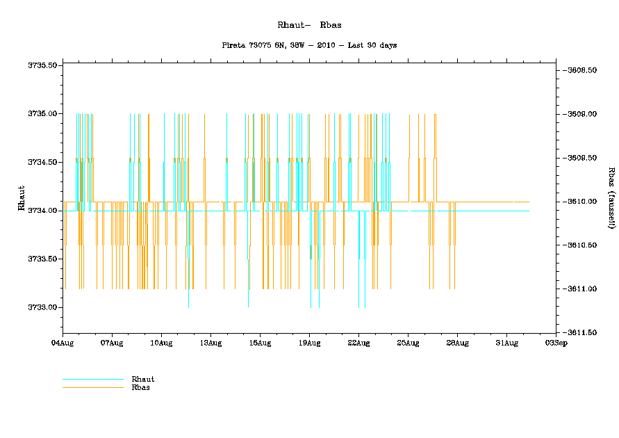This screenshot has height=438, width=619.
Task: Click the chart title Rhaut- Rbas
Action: pyautogui.click(x=308, y=25)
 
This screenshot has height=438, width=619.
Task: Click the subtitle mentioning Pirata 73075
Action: pyautogui.click(x=309, y=45)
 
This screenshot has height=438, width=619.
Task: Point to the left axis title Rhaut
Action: pyautogui.click(x=22, y=198)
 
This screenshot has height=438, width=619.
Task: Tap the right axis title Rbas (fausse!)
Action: pyautogui.click(x=611, y=198)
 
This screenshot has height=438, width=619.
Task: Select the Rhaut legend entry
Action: pyautogui.click(x=142, y=379)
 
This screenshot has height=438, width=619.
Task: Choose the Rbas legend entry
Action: pyautogui.click(x=140, y=387)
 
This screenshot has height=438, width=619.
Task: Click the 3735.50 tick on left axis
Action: pyautogui.click(x=42, y=65)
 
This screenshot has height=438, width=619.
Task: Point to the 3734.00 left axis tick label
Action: pyautogui.click(x=42, y=211)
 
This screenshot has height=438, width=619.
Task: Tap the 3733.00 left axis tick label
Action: pyautogui.click(x=42, y=307)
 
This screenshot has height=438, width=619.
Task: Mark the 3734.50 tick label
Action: pyautogui.click(x=42, y=162)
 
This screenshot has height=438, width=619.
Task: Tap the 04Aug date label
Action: pyautogui.click(x=63, y=343)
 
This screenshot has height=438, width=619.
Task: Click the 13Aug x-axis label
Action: pyautogui.click(x=211, y=343)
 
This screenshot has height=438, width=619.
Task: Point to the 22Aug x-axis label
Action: pyautogui.click(x=358, y=343)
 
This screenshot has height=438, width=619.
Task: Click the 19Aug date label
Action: pyautogui.click(x=309, y=343)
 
